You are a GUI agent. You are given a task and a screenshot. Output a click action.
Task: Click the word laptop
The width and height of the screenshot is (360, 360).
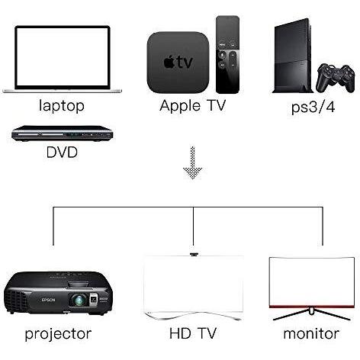coord(62,105)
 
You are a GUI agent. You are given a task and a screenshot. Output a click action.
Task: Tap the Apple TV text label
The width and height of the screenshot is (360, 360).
coord(193,105)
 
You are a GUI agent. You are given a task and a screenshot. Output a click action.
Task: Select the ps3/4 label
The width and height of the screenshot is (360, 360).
coord(313,107)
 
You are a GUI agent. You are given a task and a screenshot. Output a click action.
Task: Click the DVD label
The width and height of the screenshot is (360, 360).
coord(62,153)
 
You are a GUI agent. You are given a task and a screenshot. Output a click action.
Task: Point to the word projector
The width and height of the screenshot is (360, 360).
coord(58,333)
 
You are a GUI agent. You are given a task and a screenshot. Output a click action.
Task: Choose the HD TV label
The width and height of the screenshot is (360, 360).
coord(193,333)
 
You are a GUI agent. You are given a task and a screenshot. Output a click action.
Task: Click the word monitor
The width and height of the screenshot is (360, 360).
coord(311,333)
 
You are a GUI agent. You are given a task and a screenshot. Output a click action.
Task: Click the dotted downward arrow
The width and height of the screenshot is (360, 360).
coord(193,162)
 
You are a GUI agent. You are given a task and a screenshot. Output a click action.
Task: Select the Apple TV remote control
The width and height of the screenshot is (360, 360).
coord(227,54)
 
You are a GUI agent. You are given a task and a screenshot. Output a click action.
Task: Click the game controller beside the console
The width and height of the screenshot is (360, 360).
coord(335,79)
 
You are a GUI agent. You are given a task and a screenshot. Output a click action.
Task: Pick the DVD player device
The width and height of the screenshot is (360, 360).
coord(63,133)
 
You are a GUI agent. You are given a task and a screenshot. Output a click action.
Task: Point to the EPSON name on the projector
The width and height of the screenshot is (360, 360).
coord(48,300)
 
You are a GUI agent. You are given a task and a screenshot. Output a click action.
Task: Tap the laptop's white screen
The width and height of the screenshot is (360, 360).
coord(62,56)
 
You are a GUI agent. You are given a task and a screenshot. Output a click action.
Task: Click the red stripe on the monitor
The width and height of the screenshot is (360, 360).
coord(312,306)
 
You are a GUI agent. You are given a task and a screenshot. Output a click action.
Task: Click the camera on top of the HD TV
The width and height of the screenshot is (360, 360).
coord(195,254)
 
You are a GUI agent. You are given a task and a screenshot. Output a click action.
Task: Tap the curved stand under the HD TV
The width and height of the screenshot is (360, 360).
coord(192,315)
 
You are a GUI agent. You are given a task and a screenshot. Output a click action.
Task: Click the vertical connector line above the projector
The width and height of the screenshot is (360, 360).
coord(53,227)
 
